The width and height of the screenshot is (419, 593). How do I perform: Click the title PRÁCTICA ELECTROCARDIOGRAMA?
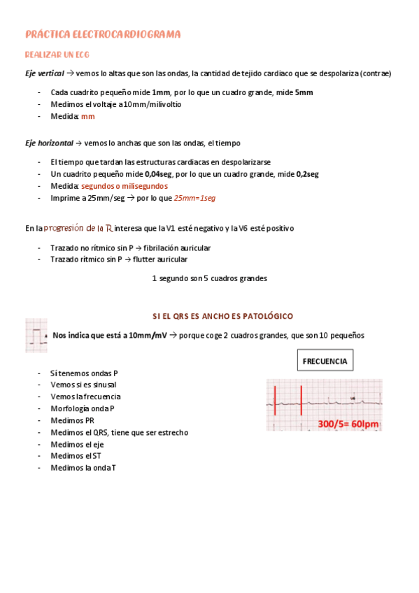[x=103, y=34]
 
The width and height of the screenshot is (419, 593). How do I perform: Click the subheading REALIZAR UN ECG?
[x=57, y=54]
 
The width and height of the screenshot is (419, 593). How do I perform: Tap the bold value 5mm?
[x=304, y=92]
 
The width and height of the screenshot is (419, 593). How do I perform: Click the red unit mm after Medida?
[x=87, y=117]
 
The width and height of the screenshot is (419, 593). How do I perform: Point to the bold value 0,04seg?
[x=158, y=174]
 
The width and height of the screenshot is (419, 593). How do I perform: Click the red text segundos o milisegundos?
[x=124, y=186]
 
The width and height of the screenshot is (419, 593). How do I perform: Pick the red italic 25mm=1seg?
[x=194, y=198]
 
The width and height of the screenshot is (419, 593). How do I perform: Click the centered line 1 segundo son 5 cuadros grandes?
[x=209, y=278]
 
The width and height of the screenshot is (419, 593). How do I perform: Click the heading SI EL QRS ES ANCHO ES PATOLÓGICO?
[x=222, y=316]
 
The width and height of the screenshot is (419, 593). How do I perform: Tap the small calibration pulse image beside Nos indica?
[x=36, y=336]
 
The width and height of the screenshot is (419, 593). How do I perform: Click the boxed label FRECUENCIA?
[x=325, y=362]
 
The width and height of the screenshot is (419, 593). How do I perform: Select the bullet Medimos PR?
[x=72, y=420]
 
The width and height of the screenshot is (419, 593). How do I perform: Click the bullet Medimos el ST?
[x=76, y=456]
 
